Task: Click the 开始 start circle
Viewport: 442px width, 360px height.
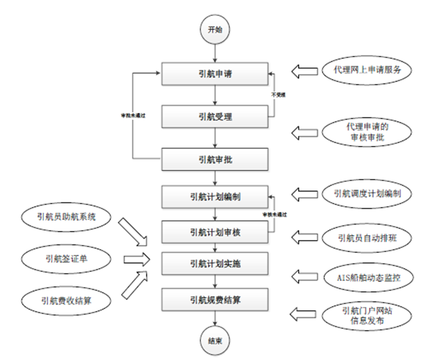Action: (215, 30)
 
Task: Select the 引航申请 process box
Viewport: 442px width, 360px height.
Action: (215, 74)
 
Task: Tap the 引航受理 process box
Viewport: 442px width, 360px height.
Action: (215, 117)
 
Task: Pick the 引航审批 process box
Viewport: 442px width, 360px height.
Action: (215, 159)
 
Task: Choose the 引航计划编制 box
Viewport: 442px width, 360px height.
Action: (215, 197)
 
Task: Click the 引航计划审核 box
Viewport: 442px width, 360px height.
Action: (215, 232)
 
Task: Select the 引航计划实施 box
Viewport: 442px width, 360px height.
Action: (215, 264)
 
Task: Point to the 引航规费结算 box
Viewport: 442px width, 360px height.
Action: (215, 300)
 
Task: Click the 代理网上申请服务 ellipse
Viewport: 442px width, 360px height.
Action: (367, 70)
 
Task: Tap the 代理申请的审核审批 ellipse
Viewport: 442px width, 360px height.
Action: (367, 132)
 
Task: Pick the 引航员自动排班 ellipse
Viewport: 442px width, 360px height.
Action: (367, 237)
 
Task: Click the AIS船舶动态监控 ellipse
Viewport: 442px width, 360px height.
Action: (367, 277)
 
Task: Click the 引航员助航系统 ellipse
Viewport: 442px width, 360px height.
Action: (65, 216)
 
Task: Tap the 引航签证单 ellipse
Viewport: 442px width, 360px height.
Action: (66, 259)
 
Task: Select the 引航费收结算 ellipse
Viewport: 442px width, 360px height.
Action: (66, 301)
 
